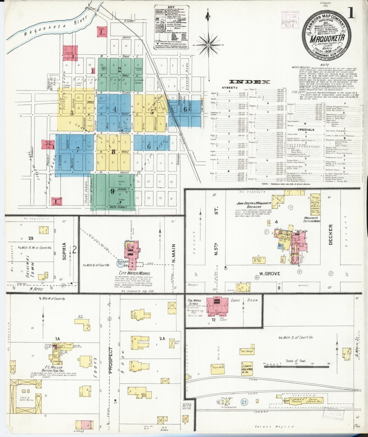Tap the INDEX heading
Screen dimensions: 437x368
click(250, 82)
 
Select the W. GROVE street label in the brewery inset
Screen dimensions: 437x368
click(270, 274)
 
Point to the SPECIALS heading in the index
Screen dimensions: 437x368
click(306, 130)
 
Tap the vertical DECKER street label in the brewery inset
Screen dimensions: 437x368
click(331, 234)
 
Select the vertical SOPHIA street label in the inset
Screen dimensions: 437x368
click(64, 251)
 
